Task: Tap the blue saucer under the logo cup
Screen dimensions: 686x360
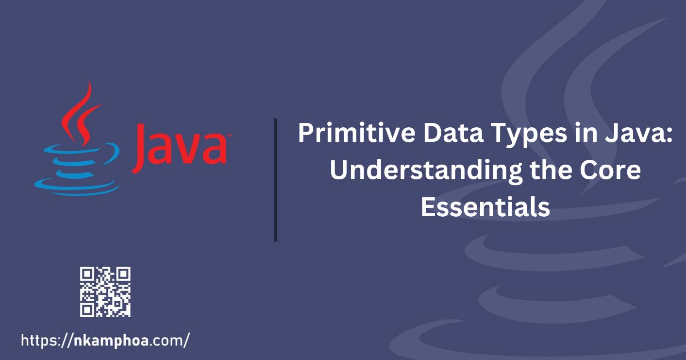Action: pos(77,187)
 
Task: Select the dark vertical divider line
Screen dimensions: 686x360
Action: pos(275,180)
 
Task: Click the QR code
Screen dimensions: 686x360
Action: pos(105,291)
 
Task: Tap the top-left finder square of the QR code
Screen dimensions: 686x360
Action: pos(87,274)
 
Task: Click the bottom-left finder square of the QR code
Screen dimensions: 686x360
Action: pos(87,310)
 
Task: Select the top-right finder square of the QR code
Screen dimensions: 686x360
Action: pos(124,274)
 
